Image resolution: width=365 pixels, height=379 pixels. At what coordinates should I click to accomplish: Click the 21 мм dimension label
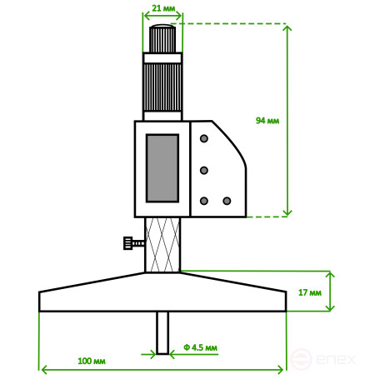(x=163, y=7)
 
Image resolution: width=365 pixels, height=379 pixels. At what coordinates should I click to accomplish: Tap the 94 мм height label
(x=267, y=121)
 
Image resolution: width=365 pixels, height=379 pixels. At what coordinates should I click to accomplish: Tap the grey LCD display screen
(x=162, y=167)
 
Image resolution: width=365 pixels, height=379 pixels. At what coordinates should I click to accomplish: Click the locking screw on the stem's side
(x=132, y=243)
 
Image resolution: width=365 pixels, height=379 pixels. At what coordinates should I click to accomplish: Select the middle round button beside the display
(x=202, y=170)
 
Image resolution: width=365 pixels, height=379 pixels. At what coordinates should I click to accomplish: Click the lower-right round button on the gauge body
(x=226, y=201)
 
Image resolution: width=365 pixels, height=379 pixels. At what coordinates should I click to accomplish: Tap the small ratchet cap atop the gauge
(x=163, y=39)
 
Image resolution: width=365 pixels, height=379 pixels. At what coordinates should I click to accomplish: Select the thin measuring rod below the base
(x=163, y=332)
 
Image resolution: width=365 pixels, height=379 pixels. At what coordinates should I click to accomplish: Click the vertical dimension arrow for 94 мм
(x=288, y=121)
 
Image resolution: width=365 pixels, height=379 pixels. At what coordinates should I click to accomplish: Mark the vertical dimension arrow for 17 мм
(x=331, y=291)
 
